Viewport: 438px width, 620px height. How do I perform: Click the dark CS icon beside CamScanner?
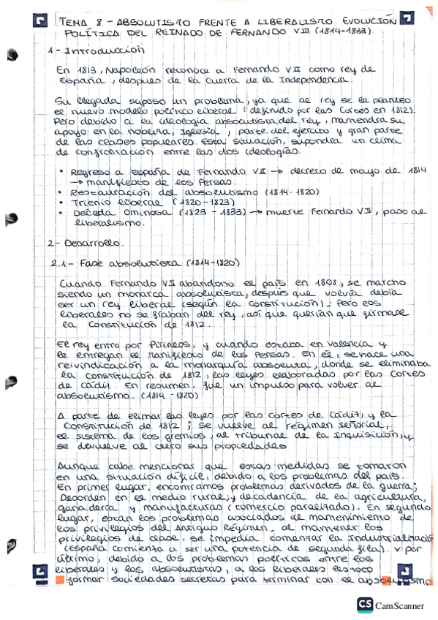click(x=365, y=604)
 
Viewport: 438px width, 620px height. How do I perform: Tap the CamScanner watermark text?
click(x=399, y=605)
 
